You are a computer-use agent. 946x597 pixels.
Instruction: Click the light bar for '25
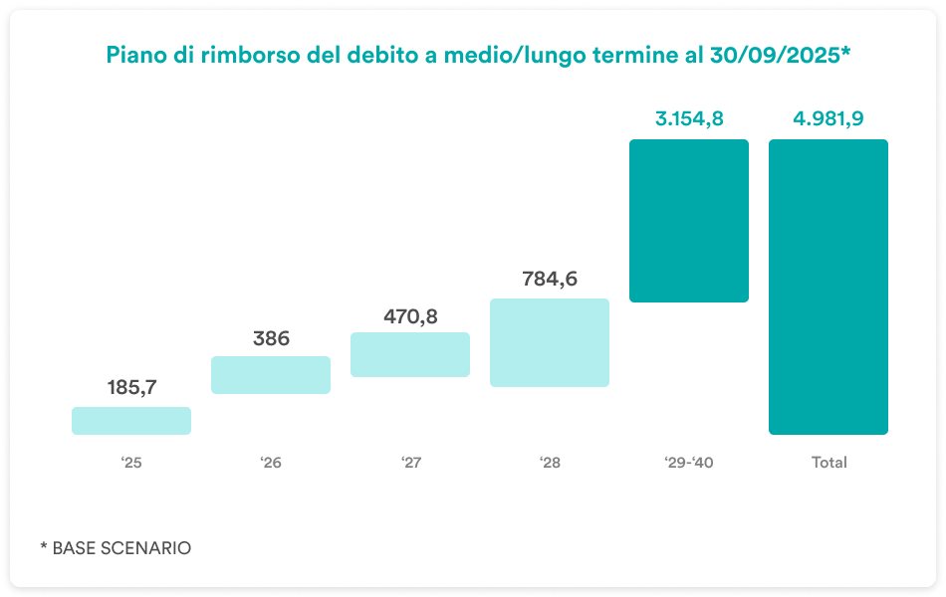coord(131,420)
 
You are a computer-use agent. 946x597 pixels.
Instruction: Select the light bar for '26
coord(271,375)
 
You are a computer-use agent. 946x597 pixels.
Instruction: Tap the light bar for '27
coord(410,354)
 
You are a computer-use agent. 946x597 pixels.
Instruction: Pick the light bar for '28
coord(550,342)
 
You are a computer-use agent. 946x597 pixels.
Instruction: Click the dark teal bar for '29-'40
coord(689,220)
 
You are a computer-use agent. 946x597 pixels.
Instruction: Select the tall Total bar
coord(828,287)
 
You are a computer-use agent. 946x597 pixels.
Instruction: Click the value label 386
coord(271,338)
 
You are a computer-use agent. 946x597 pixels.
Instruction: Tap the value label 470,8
coord(410,316)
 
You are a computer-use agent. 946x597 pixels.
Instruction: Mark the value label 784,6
coord(550,279)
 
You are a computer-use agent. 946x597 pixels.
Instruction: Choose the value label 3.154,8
coord(689,119)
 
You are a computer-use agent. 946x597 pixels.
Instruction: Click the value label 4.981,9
coord(828,119)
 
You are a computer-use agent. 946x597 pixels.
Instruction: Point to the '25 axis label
coord(131,463)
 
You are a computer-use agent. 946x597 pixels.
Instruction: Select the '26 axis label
coord(271,463)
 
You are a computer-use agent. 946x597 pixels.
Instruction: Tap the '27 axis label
coord(410,463)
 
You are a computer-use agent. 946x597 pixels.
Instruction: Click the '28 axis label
coord(550,463)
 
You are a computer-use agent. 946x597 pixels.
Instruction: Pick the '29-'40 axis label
coord(689,463)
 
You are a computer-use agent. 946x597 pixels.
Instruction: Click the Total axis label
coord(828,463)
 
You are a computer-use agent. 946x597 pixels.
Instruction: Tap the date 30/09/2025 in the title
coord(774,57)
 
